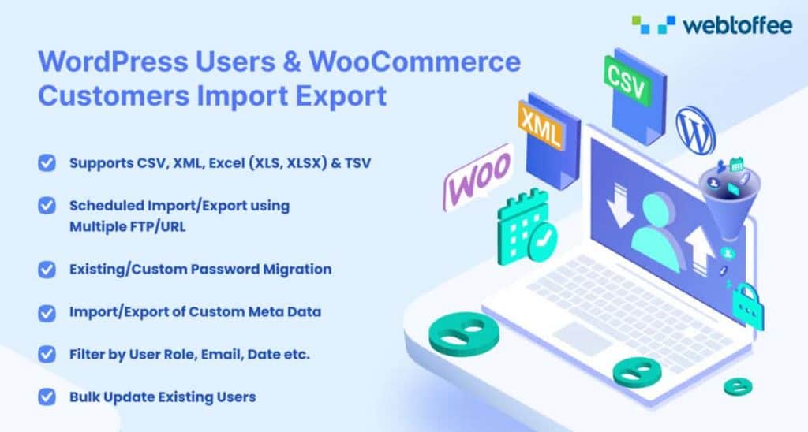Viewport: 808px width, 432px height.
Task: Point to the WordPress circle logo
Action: [695, 130]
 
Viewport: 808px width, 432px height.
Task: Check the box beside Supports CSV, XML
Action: [47, 163]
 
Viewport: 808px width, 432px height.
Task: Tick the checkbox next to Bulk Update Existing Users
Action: [47, 397]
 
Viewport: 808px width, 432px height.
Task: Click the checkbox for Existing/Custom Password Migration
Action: [47, 269]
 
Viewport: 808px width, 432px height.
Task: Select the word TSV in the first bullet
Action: [356, 163]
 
